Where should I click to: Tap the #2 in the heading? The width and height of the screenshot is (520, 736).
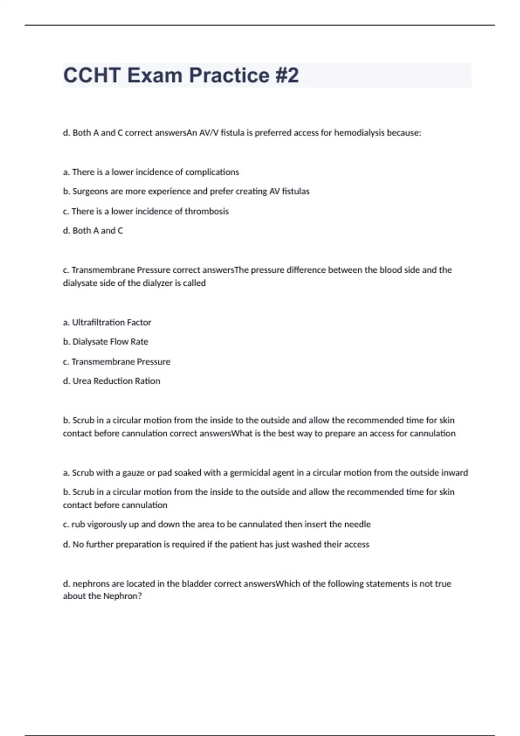click(x=286, y=75)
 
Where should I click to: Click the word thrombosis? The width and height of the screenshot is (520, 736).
click(x=207, y=211)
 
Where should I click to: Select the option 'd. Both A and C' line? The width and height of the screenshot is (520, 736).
click(x=93, y=231)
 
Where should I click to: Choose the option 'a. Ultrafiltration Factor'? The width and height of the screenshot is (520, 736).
click(x=107, y=323)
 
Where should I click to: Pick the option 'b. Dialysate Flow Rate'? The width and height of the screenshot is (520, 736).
click(x=105, y=342)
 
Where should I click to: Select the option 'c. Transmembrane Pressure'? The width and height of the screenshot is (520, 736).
click(x=117, y=362)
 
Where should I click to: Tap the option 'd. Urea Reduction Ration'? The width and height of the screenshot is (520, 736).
click(x=111, y=381)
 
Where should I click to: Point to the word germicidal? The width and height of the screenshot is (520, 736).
click(x=250, y=473)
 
